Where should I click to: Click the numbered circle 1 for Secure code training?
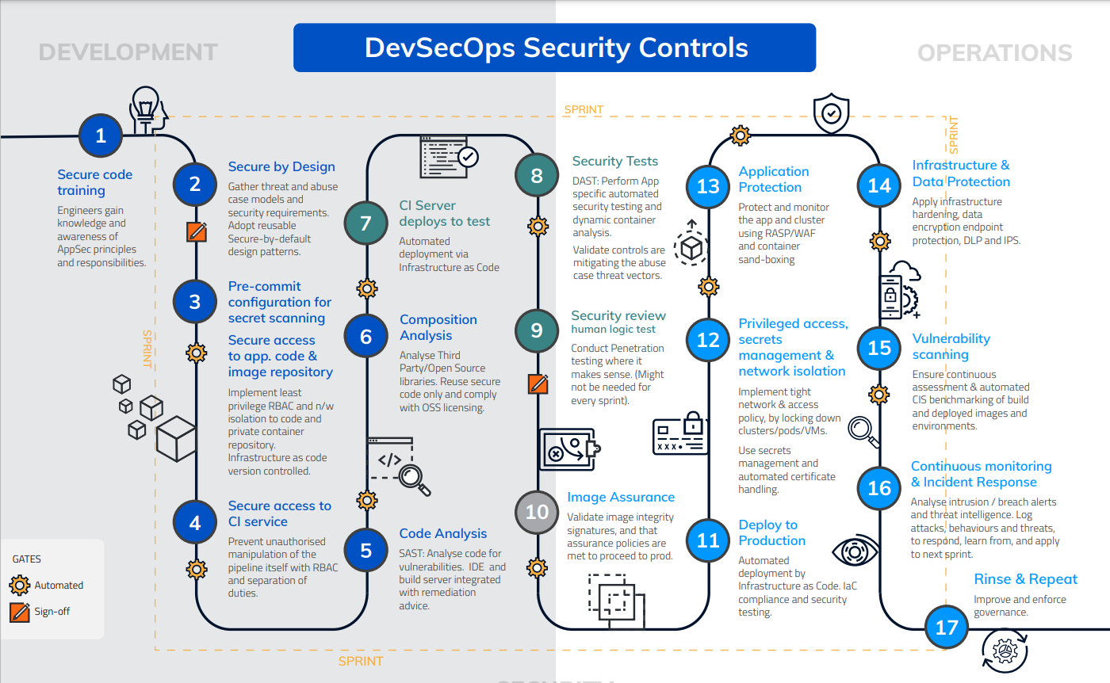100,135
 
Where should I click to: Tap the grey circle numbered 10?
537,511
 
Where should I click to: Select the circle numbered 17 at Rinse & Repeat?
947,628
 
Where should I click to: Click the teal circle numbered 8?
537,174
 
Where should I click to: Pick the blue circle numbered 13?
707,185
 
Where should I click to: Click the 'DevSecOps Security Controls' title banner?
554,48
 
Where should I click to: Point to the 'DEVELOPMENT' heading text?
128,52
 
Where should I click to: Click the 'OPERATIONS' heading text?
994,53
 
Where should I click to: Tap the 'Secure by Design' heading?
281,166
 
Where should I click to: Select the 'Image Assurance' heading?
621,497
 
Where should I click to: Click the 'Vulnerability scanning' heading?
951,346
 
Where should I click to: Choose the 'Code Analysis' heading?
442,533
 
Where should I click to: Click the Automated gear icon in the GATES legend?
20,586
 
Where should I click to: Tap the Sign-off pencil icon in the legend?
20,612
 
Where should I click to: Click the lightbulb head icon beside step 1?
147,109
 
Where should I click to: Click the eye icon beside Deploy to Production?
855,551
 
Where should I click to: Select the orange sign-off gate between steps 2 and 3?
196,231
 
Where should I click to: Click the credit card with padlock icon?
680,434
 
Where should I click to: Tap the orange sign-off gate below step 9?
538,383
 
